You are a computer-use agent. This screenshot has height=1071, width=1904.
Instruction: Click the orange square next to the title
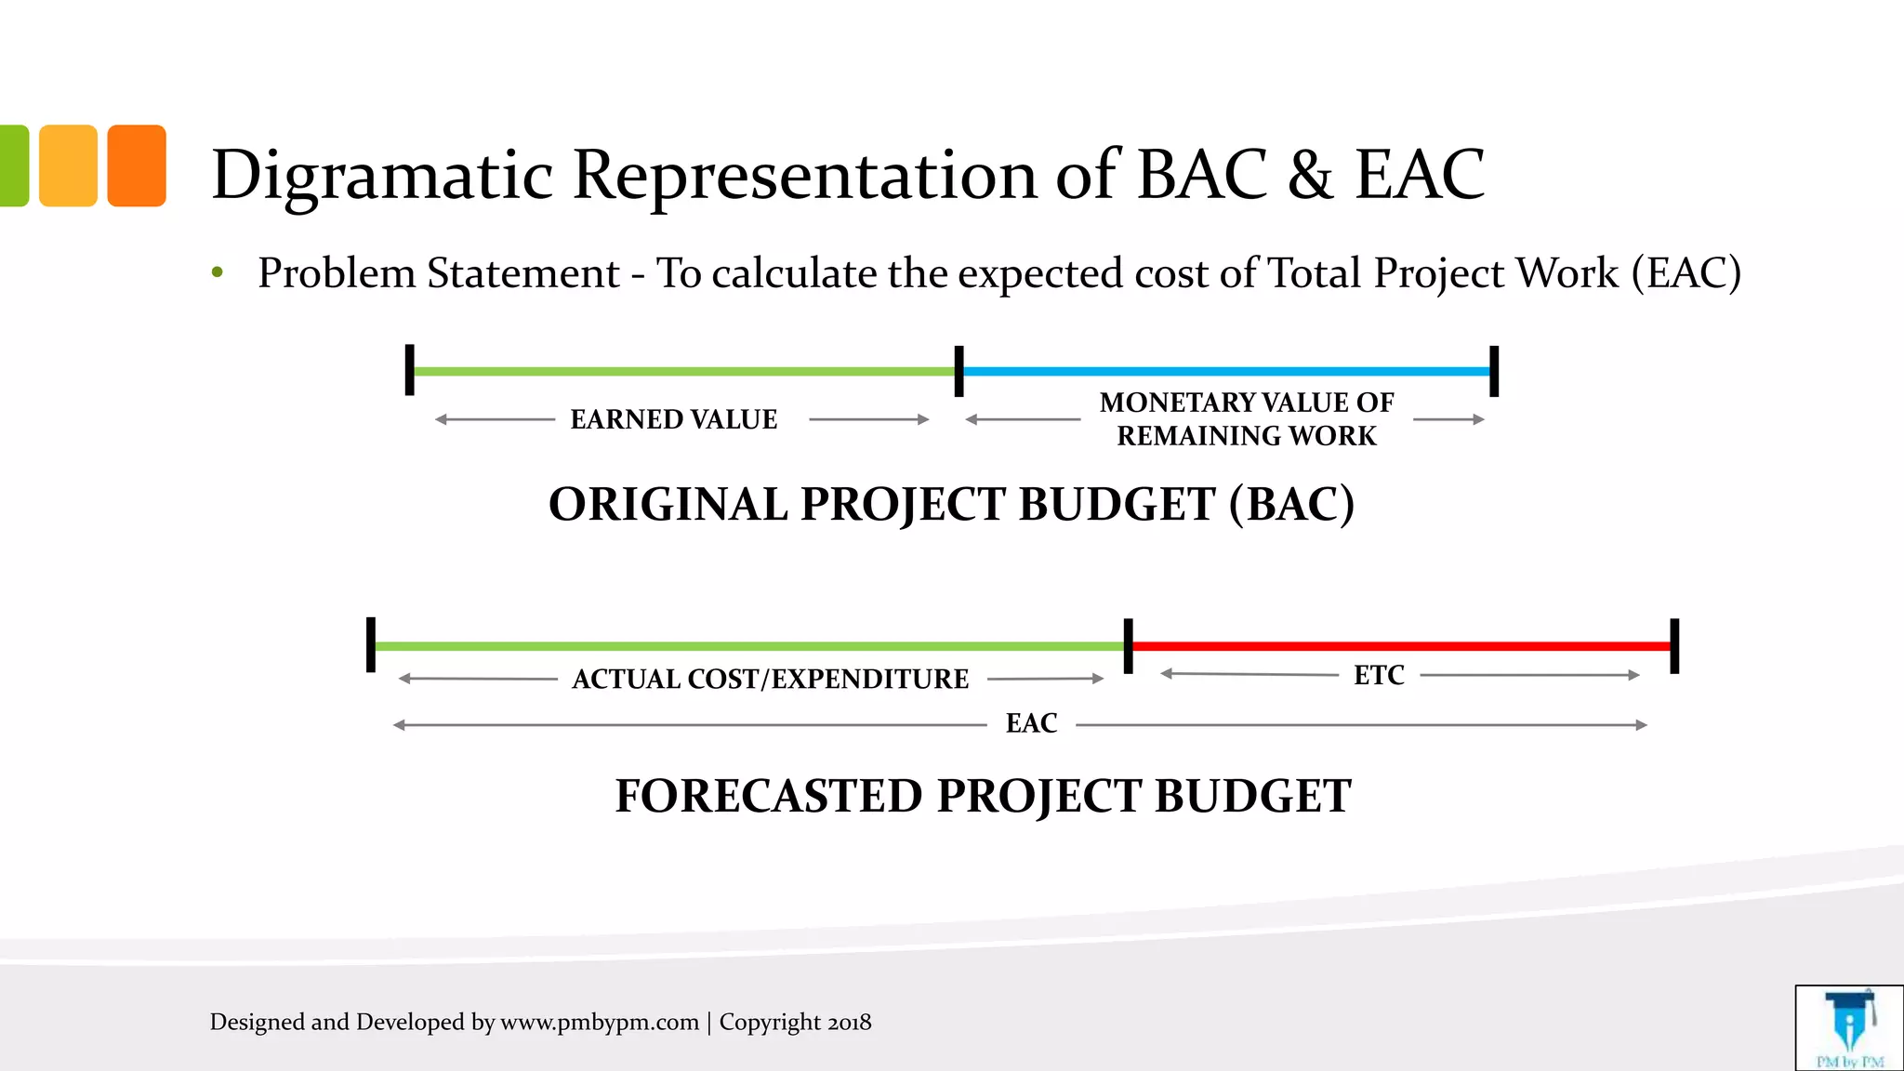click(x=137, y=165)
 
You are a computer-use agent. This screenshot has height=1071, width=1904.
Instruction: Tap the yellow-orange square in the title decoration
click(x=68, y=165)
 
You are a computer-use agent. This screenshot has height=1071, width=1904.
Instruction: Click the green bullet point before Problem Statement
click(x=218, y=273)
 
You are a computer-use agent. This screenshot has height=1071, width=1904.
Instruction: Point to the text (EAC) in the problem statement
click(x=1686, y=273)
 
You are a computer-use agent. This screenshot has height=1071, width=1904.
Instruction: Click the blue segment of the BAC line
click(x=1227, y=371)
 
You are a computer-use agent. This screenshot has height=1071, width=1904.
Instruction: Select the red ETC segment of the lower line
click(x=1401, y=645)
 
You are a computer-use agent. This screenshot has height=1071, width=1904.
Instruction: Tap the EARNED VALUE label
click(x=674, y=419)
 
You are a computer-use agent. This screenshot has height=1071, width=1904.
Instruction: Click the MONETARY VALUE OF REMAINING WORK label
click(x=1247, y=419)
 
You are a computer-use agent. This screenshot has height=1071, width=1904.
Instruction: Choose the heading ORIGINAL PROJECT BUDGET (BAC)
click(x=951, y=504)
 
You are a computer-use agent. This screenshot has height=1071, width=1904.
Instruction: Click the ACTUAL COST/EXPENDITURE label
click(x=770, y=679)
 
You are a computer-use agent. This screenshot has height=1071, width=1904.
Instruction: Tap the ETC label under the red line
click(x=1379, y=675)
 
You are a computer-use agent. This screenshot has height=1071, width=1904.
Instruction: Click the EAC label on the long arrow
click(x=1031, y=723)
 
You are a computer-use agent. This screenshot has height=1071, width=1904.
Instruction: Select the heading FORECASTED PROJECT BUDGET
click(x=983, y=796)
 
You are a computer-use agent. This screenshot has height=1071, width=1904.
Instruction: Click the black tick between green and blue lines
click(x=959, y=371)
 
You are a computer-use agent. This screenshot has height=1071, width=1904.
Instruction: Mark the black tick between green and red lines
click(x=1128, y=645)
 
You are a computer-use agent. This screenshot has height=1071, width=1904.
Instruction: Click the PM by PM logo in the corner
click(x=1848, y=1028)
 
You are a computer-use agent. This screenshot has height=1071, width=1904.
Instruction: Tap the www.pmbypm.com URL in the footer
click(x=600, y=1023)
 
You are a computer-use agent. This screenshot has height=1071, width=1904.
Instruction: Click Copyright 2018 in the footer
click(x=795, y=1023)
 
